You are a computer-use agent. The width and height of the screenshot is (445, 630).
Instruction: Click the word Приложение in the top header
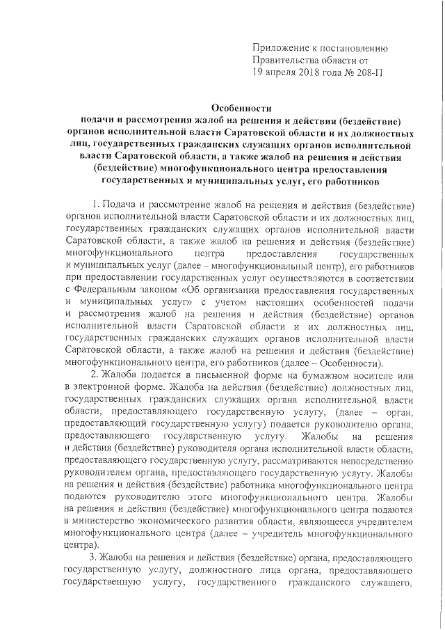(x=281, y=48)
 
